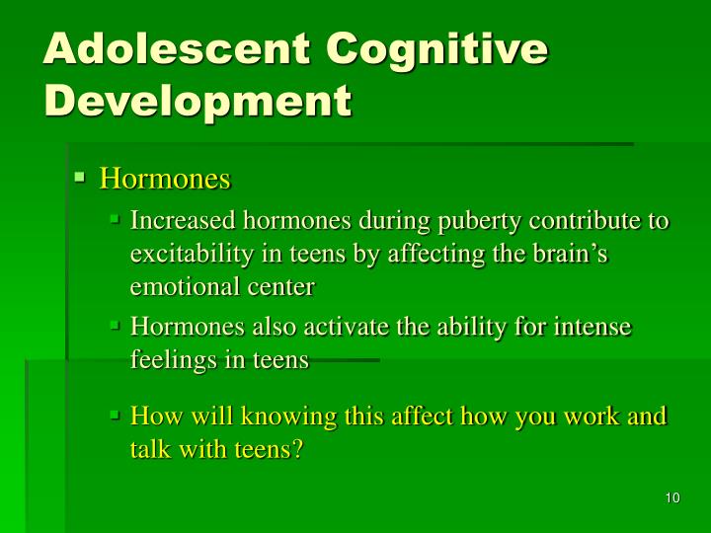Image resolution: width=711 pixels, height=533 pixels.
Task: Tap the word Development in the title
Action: [x=197, y=101]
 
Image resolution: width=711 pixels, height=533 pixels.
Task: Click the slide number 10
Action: [x=672, y=497]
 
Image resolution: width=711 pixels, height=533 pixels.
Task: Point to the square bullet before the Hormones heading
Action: [x=81, y=178]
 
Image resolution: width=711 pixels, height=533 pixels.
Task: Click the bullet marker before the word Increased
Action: [x=116, y=219]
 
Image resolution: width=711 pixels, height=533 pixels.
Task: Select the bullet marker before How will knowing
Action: [x=116, y=415]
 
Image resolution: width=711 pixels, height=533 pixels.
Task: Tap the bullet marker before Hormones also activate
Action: [x=116, y=326]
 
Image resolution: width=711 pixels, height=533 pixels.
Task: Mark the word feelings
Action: [x=169, y=360]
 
